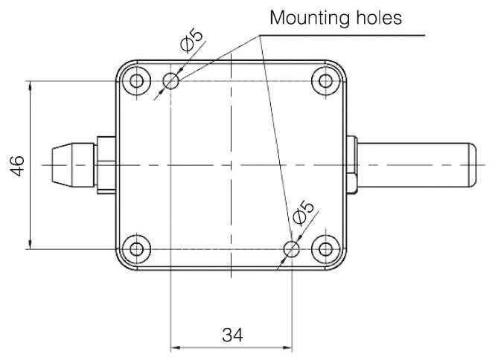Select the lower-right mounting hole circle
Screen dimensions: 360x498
point(293,248)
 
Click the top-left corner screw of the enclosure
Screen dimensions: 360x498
point(137,80)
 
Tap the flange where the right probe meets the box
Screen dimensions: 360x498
point(352,164)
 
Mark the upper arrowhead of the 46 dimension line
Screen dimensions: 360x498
point(30,85)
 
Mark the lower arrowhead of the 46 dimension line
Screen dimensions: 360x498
point(30,243)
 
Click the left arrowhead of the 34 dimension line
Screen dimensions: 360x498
point(176,346)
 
